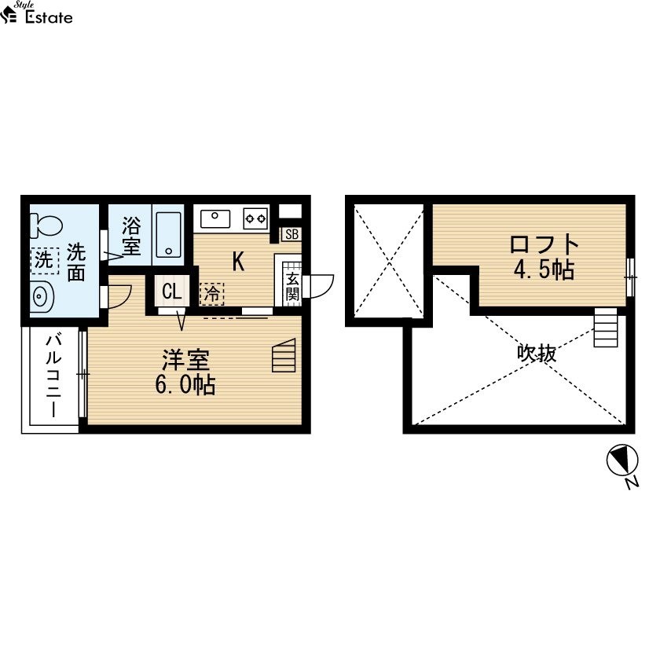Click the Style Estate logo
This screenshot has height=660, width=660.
[36, 13]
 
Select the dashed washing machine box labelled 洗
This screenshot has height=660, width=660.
[45, 261]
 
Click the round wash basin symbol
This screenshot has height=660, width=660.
[41, 297]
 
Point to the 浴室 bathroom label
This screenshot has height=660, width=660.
[131, 236]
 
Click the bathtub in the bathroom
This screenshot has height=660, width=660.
[168, 234]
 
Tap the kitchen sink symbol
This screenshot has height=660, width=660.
[215, 219]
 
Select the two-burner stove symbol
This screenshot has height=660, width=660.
[255, 219]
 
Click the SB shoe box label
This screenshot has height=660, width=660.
[291, 234]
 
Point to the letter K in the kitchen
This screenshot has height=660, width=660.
[238, 262]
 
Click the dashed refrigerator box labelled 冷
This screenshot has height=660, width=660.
[211, 293]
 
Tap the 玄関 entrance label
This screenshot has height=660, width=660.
[292, 286]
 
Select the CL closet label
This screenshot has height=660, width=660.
[172, 291]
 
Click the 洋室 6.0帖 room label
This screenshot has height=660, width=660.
[185, 372]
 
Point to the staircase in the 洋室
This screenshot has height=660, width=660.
[284, 355]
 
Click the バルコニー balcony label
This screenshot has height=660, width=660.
[54, 376]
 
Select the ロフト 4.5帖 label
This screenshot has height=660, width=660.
[544, 257]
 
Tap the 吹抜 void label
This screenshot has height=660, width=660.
[537, 354]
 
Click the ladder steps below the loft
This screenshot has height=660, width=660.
[606, 328]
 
